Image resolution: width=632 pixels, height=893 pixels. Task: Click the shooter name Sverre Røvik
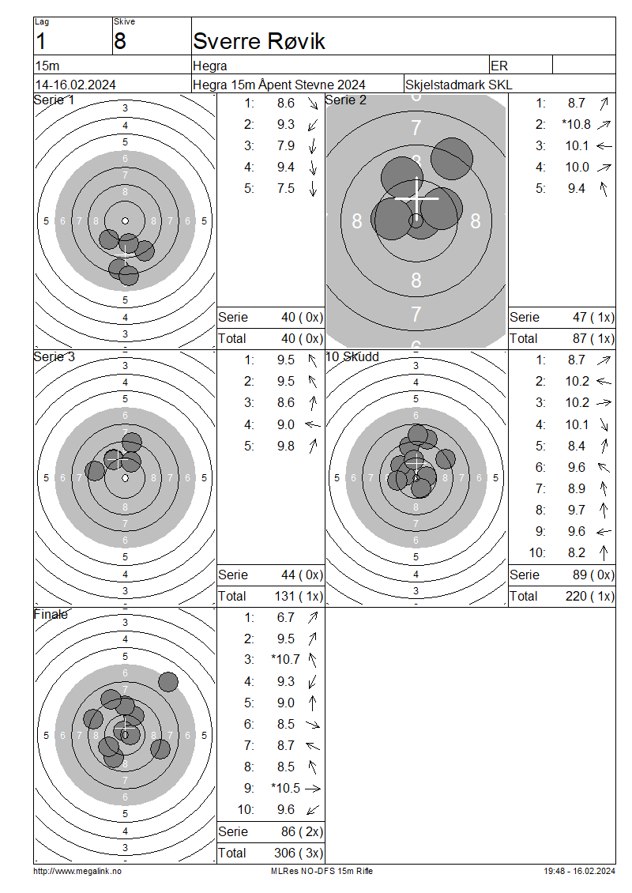259,41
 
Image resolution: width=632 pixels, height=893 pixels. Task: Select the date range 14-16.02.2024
76,85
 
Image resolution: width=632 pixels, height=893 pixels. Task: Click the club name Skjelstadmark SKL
458,85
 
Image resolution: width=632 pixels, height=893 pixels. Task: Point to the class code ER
499,66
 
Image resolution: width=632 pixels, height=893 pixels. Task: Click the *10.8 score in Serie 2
576,124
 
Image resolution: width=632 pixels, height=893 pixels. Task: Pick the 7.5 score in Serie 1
286,189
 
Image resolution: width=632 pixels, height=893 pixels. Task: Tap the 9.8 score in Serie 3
286,446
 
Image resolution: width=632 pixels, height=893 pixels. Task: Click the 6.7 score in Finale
286,617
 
